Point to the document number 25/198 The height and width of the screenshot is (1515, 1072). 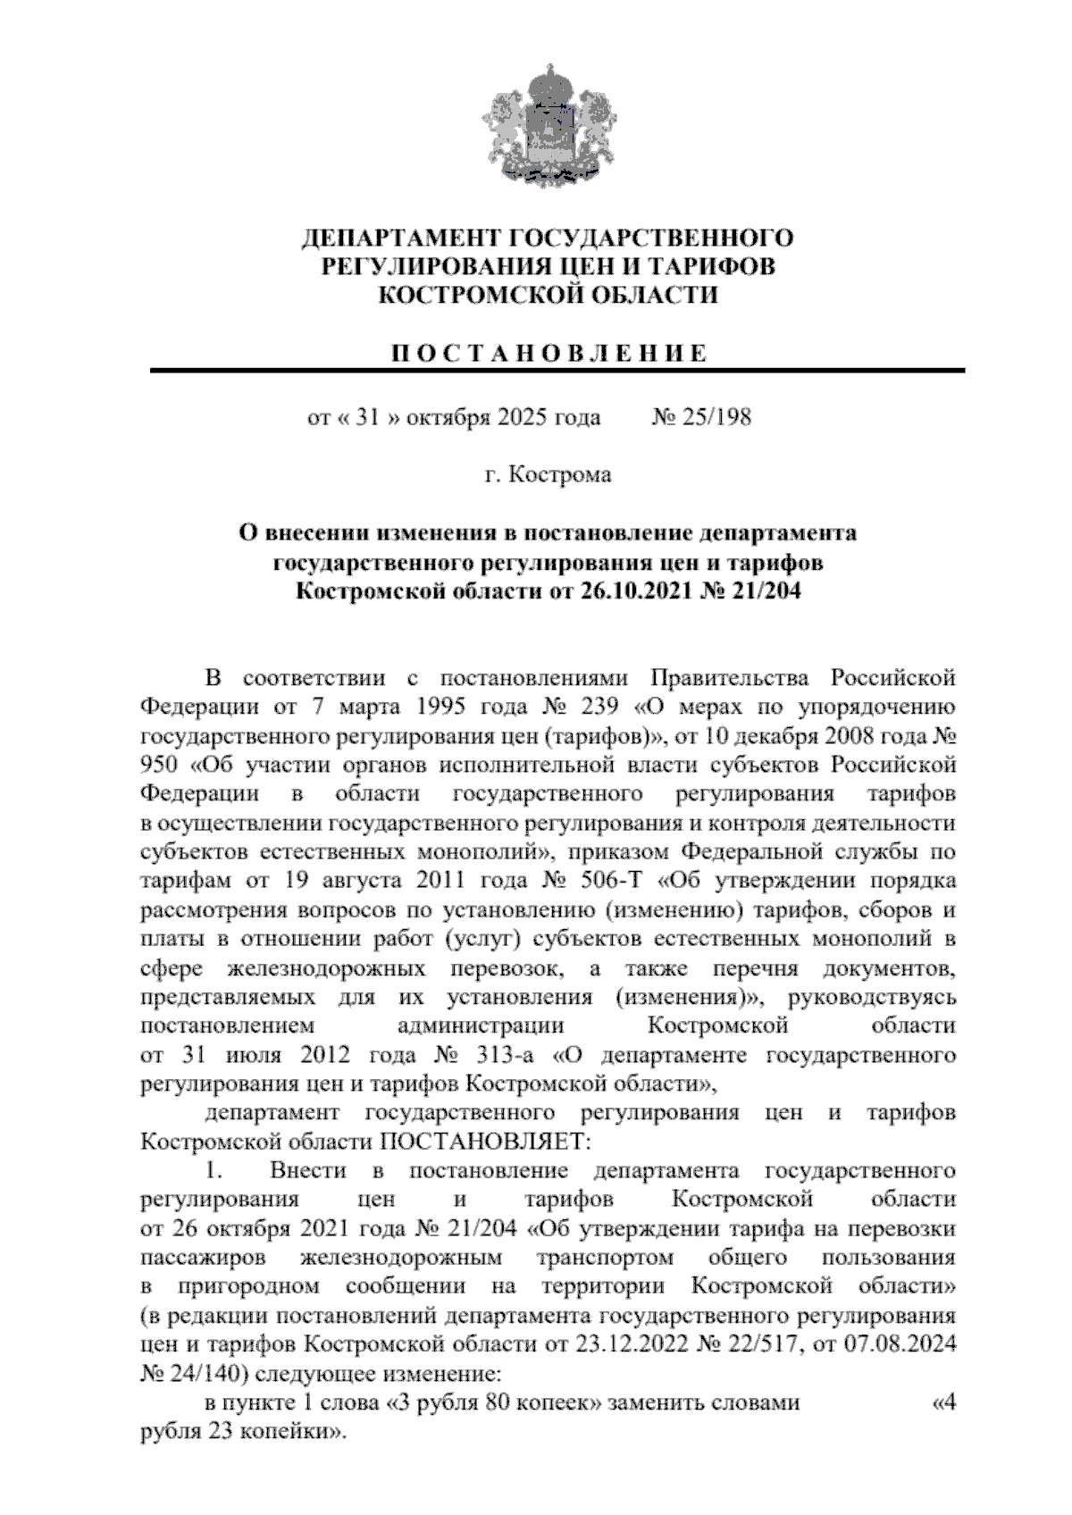(x=716, y=417)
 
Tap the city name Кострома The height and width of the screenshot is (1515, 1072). (x=560, y=474)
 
